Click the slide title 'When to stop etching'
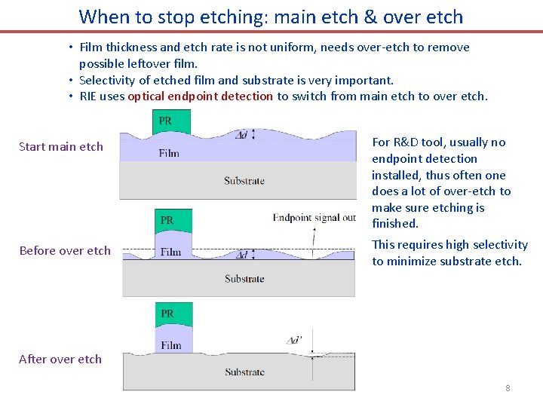point(271,16)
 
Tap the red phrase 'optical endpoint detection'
point(200,96)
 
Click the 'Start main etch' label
point(61,146)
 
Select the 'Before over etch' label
point(65,250)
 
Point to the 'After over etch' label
point(60,359)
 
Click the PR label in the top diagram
point(165,121)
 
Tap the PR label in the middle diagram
point(167,220)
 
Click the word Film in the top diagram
point(169,153)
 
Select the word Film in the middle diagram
point(170,252)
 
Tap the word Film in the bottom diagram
point(170,345)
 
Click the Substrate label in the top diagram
point(244,181)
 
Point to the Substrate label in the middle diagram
point(244,279)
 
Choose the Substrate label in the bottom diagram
point(244,372)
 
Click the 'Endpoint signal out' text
point(314,218)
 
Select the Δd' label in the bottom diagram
point(295,340)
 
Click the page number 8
point(508,388)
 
